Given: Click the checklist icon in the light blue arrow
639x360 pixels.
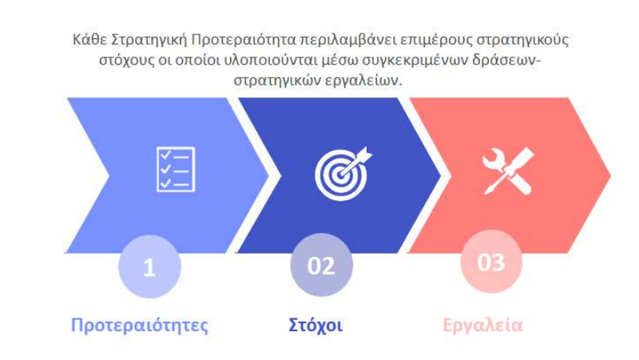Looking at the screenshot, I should point(175,169).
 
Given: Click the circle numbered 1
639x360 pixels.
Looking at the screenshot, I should point(149,267).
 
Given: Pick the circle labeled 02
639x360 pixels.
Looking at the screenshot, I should point(321,265).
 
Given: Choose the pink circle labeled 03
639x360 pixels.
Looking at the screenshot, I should point(490,262).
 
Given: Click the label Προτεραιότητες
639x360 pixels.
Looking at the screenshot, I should point(140,326).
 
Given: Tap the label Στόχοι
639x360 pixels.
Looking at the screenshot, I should point(316,326).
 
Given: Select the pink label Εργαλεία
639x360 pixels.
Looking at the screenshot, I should point(482,326).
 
